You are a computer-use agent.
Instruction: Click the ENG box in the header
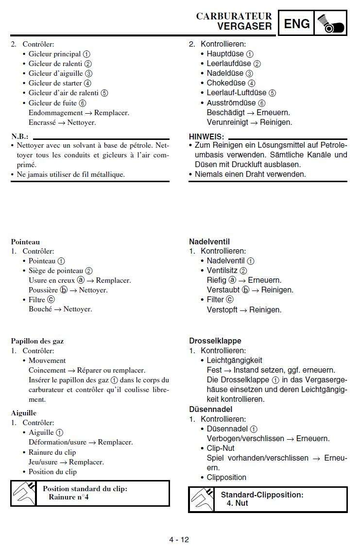tap(296, 23)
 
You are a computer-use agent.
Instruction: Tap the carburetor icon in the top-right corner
tap(330, 23)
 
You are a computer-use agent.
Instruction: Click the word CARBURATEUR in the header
tap(234, 16)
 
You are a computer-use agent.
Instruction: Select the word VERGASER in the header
tap(244, 26)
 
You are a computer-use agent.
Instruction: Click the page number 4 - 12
tap(179, 540)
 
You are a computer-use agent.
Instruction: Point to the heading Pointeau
tap(25, 241)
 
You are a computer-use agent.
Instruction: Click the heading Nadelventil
tap(209, 241)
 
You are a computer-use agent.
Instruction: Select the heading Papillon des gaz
tap(37, 341)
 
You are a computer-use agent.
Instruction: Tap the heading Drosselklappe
tap(215, 341)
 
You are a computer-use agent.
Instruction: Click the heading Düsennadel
tap(211, 409)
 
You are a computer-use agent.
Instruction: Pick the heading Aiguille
tap(24, 413)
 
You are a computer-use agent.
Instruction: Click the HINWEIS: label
tap(206, 137)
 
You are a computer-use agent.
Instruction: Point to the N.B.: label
tap(20, 137)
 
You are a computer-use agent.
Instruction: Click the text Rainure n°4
tap(69, 498)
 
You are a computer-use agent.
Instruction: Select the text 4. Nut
tap(237, 503)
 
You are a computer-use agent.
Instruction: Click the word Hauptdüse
tap(225, 54)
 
